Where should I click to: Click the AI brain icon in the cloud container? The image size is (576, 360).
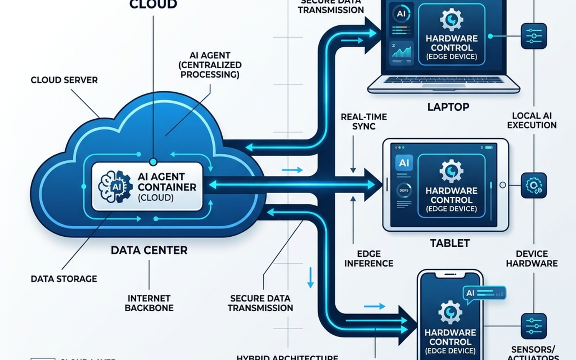115,187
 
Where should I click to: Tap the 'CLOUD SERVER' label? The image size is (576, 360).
64,80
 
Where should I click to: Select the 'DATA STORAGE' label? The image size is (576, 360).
64,279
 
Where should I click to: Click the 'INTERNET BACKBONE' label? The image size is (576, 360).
149,303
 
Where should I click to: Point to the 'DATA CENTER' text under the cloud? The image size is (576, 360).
149,250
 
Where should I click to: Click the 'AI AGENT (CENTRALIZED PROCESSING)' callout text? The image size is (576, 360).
210,65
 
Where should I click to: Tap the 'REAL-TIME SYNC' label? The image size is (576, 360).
364,121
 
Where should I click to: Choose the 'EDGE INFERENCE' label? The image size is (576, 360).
369,259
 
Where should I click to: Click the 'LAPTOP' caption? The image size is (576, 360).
448,107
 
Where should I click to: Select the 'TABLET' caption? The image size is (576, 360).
450,243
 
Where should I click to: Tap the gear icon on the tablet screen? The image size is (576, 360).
451,171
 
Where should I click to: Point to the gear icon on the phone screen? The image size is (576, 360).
450,312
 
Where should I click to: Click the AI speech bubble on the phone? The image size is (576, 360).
484,294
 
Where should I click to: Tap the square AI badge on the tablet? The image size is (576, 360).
404,163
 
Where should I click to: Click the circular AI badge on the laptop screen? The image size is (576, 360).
401,14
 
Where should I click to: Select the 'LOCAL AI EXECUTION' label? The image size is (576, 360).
531,120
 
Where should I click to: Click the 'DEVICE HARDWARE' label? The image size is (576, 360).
531,259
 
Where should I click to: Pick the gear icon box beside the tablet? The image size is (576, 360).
533,186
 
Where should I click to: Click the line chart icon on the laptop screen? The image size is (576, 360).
402,52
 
